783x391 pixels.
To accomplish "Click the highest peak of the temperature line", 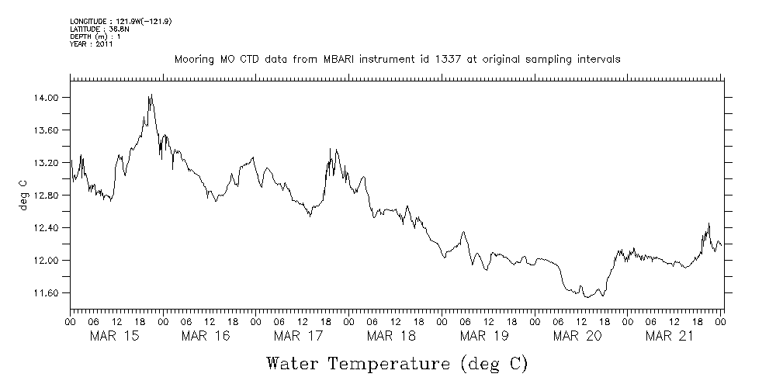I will pyautogui.click(x=151, y=95).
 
